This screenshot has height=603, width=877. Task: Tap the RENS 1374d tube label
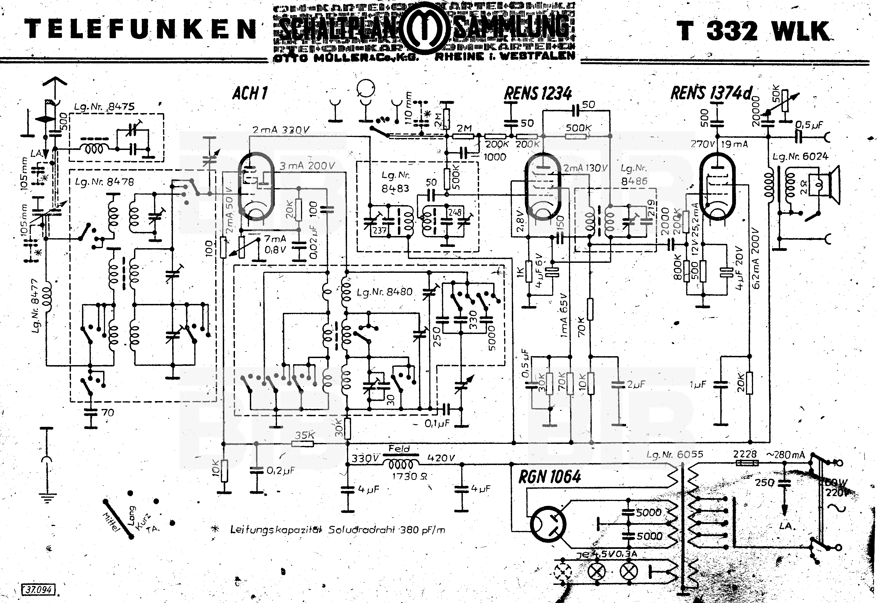click(711, 93)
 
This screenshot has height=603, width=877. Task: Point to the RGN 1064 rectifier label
click(549, 477)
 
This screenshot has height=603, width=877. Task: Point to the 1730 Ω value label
click(410, 476)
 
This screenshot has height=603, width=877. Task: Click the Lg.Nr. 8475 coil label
click(104, 107)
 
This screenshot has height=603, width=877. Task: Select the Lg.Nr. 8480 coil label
click(384, 292)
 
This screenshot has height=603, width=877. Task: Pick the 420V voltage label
click(441, 458)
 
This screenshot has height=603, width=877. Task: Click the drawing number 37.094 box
click(38, 589)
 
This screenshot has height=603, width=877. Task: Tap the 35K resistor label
click(305, 435)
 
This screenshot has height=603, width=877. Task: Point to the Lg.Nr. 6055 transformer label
click(675, 454)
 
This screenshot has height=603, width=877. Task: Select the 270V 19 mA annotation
click(719, 144)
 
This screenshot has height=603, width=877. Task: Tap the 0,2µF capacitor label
click(280, 471)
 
